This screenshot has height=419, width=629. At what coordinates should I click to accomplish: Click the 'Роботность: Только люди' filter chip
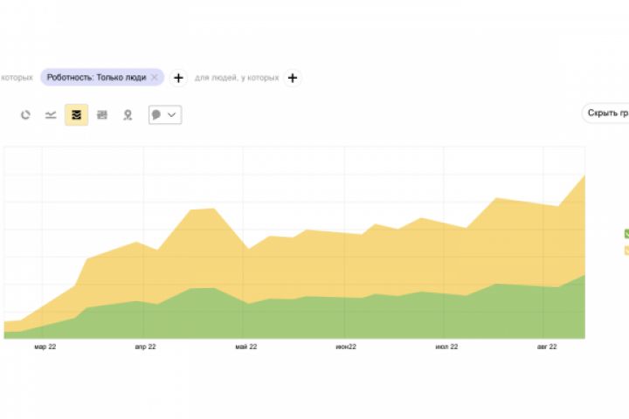point(96,78)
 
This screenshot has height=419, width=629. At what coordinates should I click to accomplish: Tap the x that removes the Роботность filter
point(155,78)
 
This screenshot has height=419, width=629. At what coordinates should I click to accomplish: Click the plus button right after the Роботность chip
point(178,78)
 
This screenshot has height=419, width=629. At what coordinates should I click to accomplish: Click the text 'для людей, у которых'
point(237,78)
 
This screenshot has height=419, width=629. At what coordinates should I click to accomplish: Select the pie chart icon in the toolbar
point(25,114)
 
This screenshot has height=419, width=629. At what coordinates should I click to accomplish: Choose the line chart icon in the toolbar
point(51,114)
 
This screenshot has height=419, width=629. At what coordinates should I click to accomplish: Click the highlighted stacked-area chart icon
point(76,114)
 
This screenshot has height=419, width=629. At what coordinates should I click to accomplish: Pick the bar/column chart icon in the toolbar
point(102,114)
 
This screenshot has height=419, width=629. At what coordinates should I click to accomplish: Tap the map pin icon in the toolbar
point(128,114)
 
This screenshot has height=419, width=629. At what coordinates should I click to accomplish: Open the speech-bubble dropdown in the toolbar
point(164,114)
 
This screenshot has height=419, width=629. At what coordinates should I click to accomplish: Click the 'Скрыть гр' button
point(607,113)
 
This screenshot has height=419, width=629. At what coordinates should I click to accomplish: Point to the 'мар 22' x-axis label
point(45,347)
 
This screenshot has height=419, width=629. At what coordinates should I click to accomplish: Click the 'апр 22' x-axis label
point(145,347)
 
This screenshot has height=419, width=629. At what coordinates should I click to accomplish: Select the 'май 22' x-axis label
point(246,347)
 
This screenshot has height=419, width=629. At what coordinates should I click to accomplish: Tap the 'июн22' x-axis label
point(346,347)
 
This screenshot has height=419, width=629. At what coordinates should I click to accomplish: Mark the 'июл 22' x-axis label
point(446,347)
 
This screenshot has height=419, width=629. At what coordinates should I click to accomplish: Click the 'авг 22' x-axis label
point(547,347)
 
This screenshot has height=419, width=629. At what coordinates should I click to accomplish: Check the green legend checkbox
point(626,234)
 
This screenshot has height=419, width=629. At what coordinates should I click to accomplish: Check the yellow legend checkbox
point(626,251)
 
